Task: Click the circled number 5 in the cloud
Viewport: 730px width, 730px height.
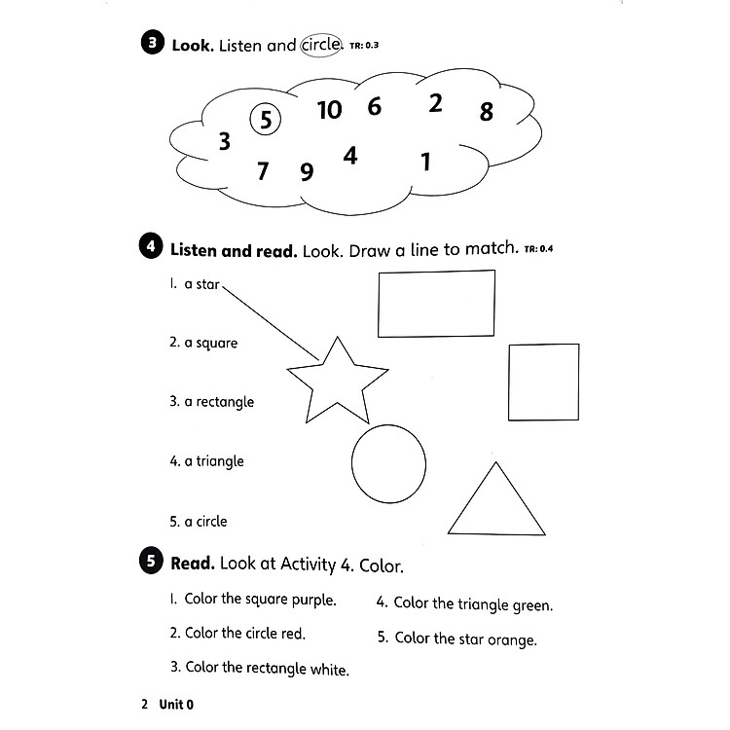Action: tap(265, 121)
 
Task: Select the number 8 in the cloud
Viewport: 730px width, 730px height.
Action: tap(487, 112)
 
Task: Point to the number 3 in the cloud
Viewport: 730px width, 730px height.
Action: tap(225, 143)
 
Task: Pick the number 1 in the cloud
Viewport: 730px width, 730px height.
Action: tap(425, 162)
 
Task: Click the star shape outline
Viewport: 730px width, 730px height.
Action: tap(337, 383)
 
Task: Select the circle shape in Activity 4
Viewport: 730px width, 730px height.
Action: tap(388, 462)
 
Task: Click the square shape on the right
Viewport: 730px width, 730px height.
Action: tap(543, 382)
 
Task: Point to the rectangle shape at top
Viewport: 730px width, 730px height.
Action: tap(436, 303)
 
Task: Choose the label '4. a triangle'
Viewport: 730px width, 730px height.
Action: tap(205, 461)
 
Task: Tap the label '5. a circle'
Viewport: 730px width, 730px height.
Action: tap(198, 522)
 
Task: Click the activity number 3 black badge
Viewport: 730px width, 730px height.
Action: tap(153, 44)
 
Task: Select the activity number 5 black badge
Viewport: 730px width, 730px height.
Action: tap(152, 563)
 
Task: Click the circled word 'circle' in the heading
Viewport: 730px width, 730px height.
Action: tap(320, 44)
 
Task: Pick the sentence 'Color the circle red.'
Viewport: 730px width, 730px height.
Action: tap(237, 634)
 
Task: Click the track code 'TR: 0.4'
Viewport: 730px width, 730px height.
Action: tap(538, 249)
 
